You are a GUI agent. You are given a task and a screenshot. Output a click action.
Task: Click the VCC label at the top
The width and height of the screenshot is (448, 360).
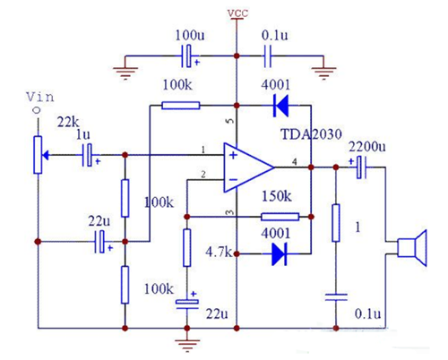[237, 13]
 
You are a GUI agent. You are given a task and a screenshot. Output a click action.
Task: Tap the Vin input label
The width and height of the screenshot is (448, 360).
[37, 96]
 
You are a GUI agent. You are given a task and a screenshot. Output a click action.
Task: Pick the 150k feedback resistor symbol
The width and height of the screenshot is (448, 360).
[274, 217]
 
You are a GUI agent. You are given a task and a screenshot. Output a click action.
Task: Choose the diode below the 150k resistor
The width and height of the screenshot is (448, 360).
[278, 253]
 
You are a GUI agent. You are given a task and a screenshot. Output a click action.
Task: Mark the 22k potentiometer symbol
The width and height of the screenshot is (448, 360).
[37, 153]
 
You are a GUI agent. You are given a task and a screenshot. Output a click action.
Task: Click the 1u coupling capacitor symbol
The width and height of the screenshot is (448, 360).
[89, 155]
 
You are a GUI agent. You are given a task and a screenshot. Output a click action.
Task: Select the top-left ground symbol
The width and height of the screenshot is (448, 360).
[125, 68]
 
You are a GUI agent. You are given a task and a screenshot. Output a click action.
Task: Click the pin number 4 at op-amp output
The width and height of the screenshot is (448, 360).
[295, 161]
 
